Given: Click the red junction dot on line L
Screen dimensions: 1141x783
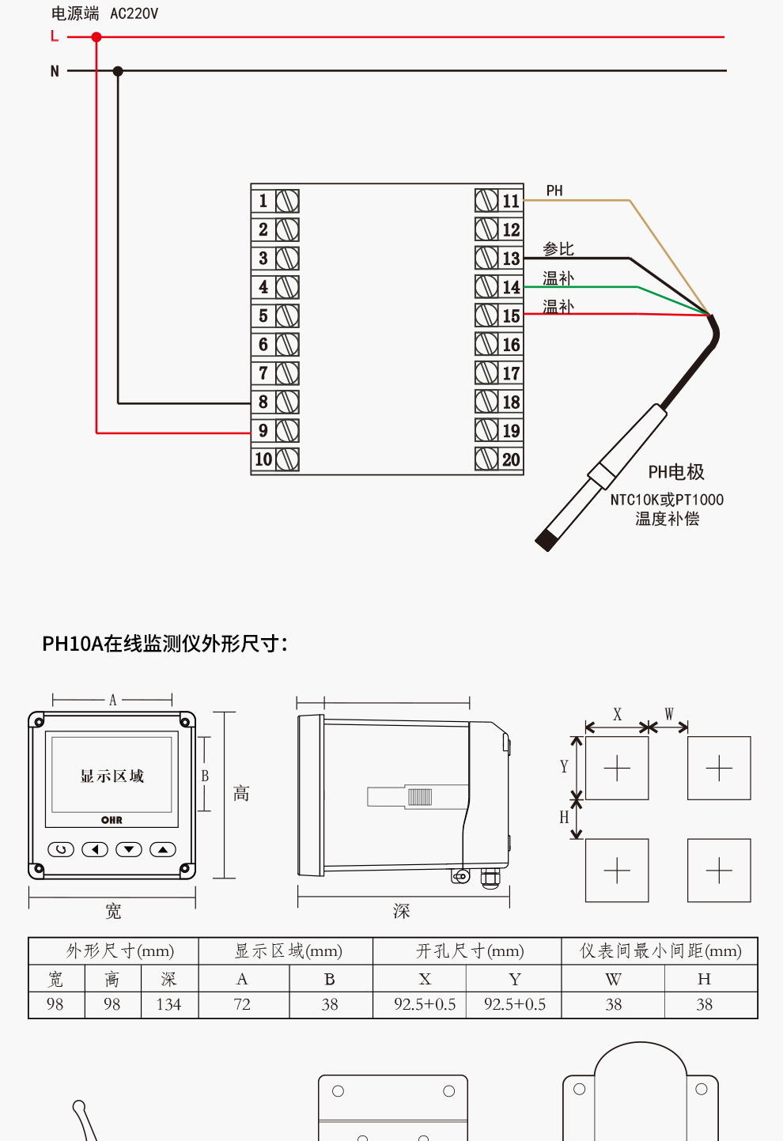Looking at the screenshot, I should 96,37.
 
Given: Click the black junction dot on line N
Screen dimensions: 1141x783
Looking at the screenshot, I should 118,71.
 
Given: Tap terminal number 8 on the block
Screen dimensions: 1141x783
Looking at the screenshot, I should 263,402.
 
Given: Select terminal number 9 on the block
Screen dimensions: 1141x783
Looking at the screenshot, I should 263,431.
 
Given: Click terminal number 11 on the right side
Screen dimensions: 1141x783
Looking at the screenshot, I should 511,201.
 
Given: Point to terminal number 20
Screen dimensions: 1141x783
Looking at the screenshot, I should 511,459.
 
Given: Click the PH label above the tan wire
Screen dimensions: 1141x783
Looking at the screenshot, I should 554,191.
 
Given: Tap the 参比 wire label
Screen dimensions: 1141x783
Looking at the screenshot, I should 558,249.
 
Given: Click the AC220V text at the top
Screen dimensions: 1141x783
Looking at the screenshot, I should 134,13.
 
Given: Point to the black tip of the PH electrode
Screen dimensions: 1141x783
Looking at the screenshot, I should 546,541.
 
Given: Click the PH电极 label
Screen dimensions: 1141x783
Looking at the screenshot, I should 675,472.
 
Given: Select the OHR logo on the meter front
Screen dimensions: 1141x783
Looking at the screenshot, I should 112,820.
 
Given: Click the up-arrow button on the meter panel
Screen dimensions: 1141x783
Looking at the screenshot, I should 163,850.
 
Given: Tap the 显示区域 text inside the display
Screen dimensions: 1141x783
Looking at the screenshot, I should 112,776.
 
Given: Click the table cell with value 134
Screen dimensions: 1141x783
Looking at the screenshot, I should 168,1004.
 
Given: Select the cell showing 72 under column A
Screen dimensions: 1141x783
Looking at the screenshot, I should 242,1004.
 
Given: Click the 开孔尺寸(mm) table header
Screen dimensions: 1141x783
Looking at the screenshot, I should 470,950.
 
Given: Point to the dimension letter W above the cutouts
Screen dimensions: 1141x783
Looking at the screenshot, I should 669,714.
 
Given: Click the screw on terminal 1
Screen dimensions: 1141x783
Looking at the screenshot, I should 287,201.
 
